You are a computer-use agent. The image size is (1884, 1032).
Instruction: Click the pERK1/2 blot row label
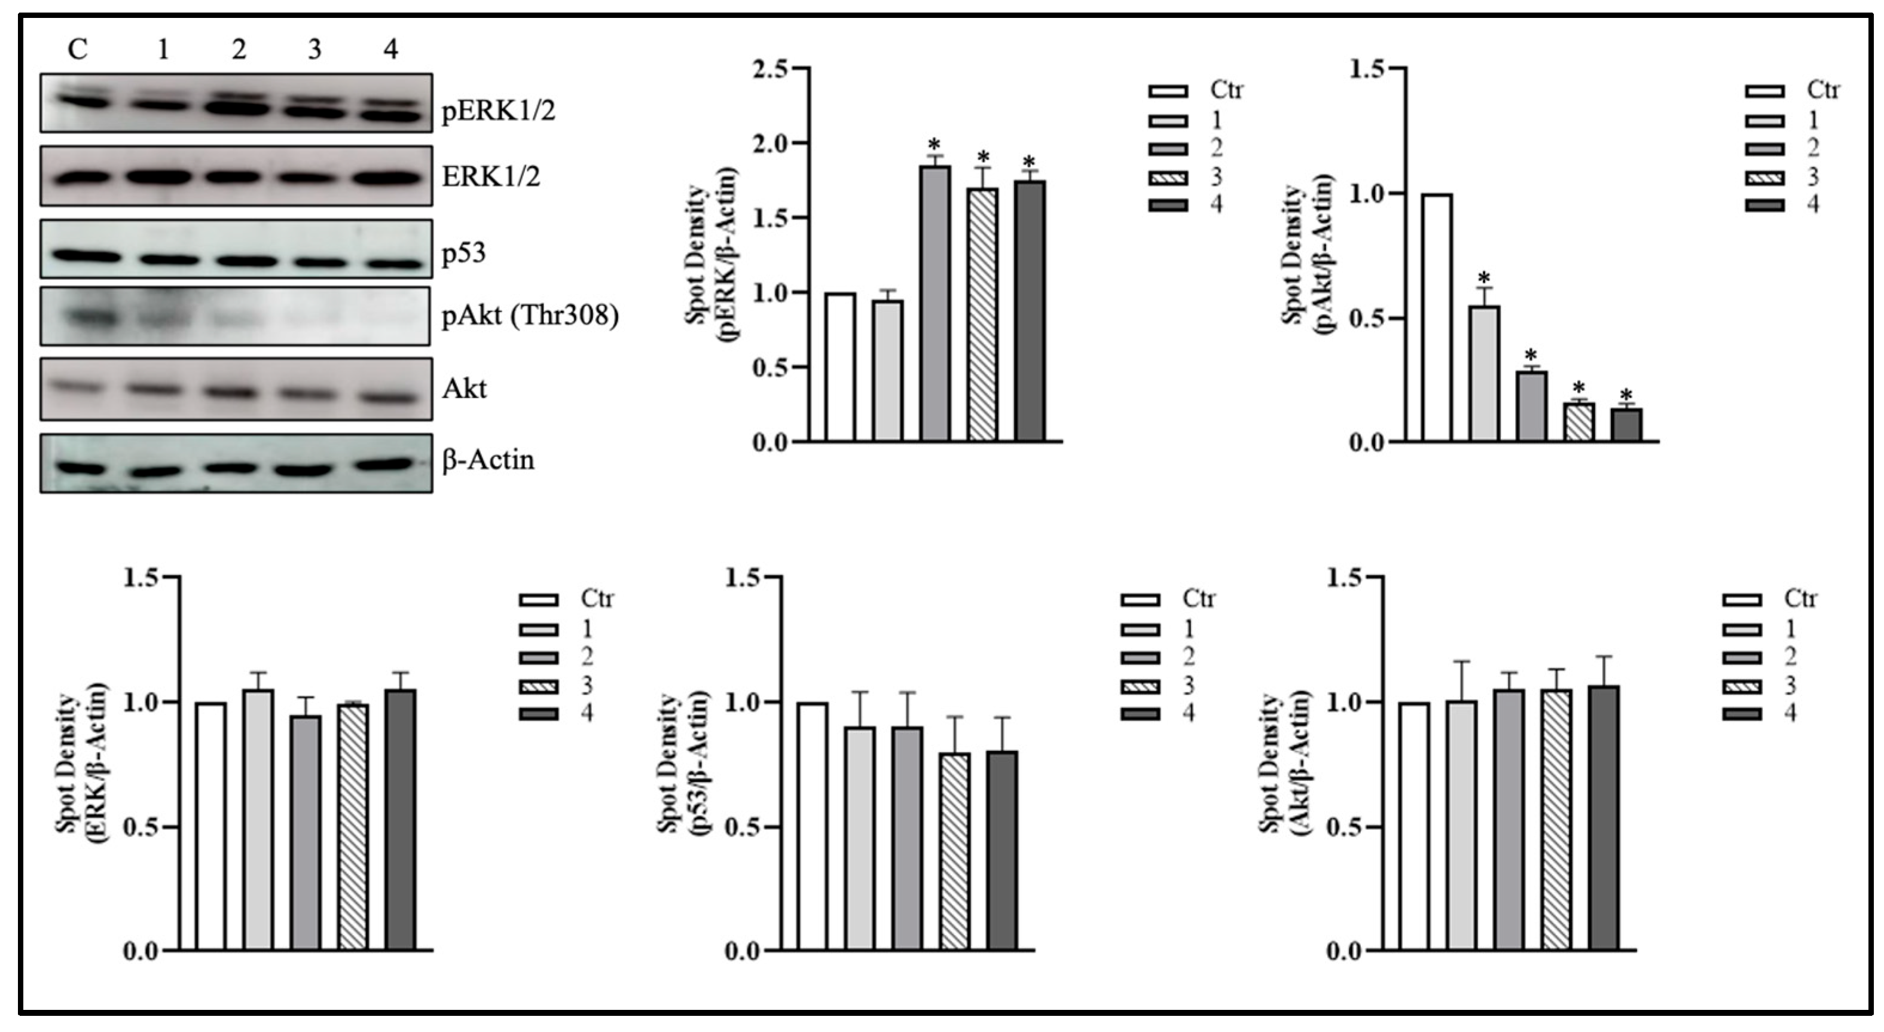(498, 112)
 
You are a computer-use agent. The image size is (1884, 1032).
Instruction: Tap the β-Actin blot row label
(488, 460)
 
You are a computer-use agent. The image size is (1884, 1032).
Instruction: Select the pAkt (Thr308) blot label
(530, 316)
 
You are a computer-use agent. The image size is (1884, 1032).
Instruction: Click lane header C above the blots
(78, 50)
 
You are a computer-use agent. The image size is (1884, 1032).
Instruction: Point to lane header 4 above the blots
(390, 50)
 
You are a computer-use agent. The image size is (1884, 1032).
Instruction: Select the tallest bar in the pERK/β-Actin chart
(935, 304)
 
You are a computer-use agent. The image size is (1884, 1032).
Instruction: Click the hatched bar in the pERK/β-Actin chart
(982, 315)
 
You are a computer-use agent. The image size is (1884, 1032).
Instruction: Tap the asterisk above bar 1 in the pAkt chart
(1484, 279)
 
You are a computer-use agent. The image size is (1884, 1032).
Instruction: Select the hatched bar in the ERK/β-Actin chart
(353, 826)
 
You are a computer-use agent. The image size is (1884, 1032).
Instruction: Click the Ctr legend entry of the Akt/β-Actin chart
(1800, 599)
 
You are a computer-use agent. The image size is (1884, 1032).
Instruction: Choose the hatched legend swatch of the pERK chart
(1167, 177)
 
